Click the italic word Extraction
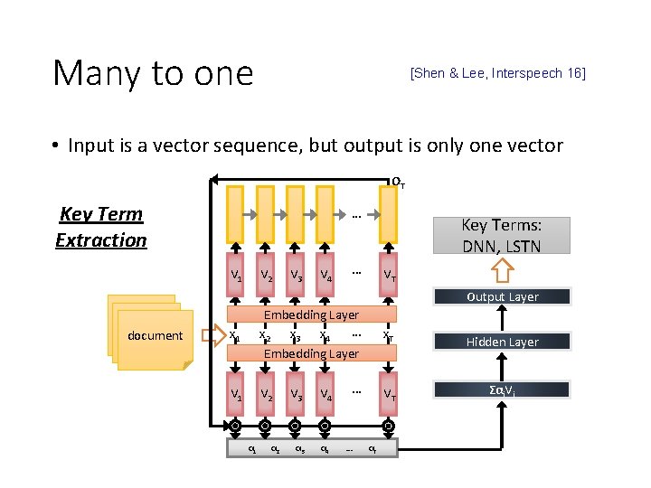(100, 239)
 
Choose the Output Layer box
(502, 296)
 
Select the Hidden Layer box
(502, 342)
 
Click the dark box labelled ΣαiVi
(502, 389)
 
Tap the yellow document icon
(149, 333)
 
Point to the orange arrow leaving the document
(213, 335)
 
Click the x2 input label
(264, 335)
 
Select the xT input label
(388, 335)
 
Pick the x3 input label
(294, 335)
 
